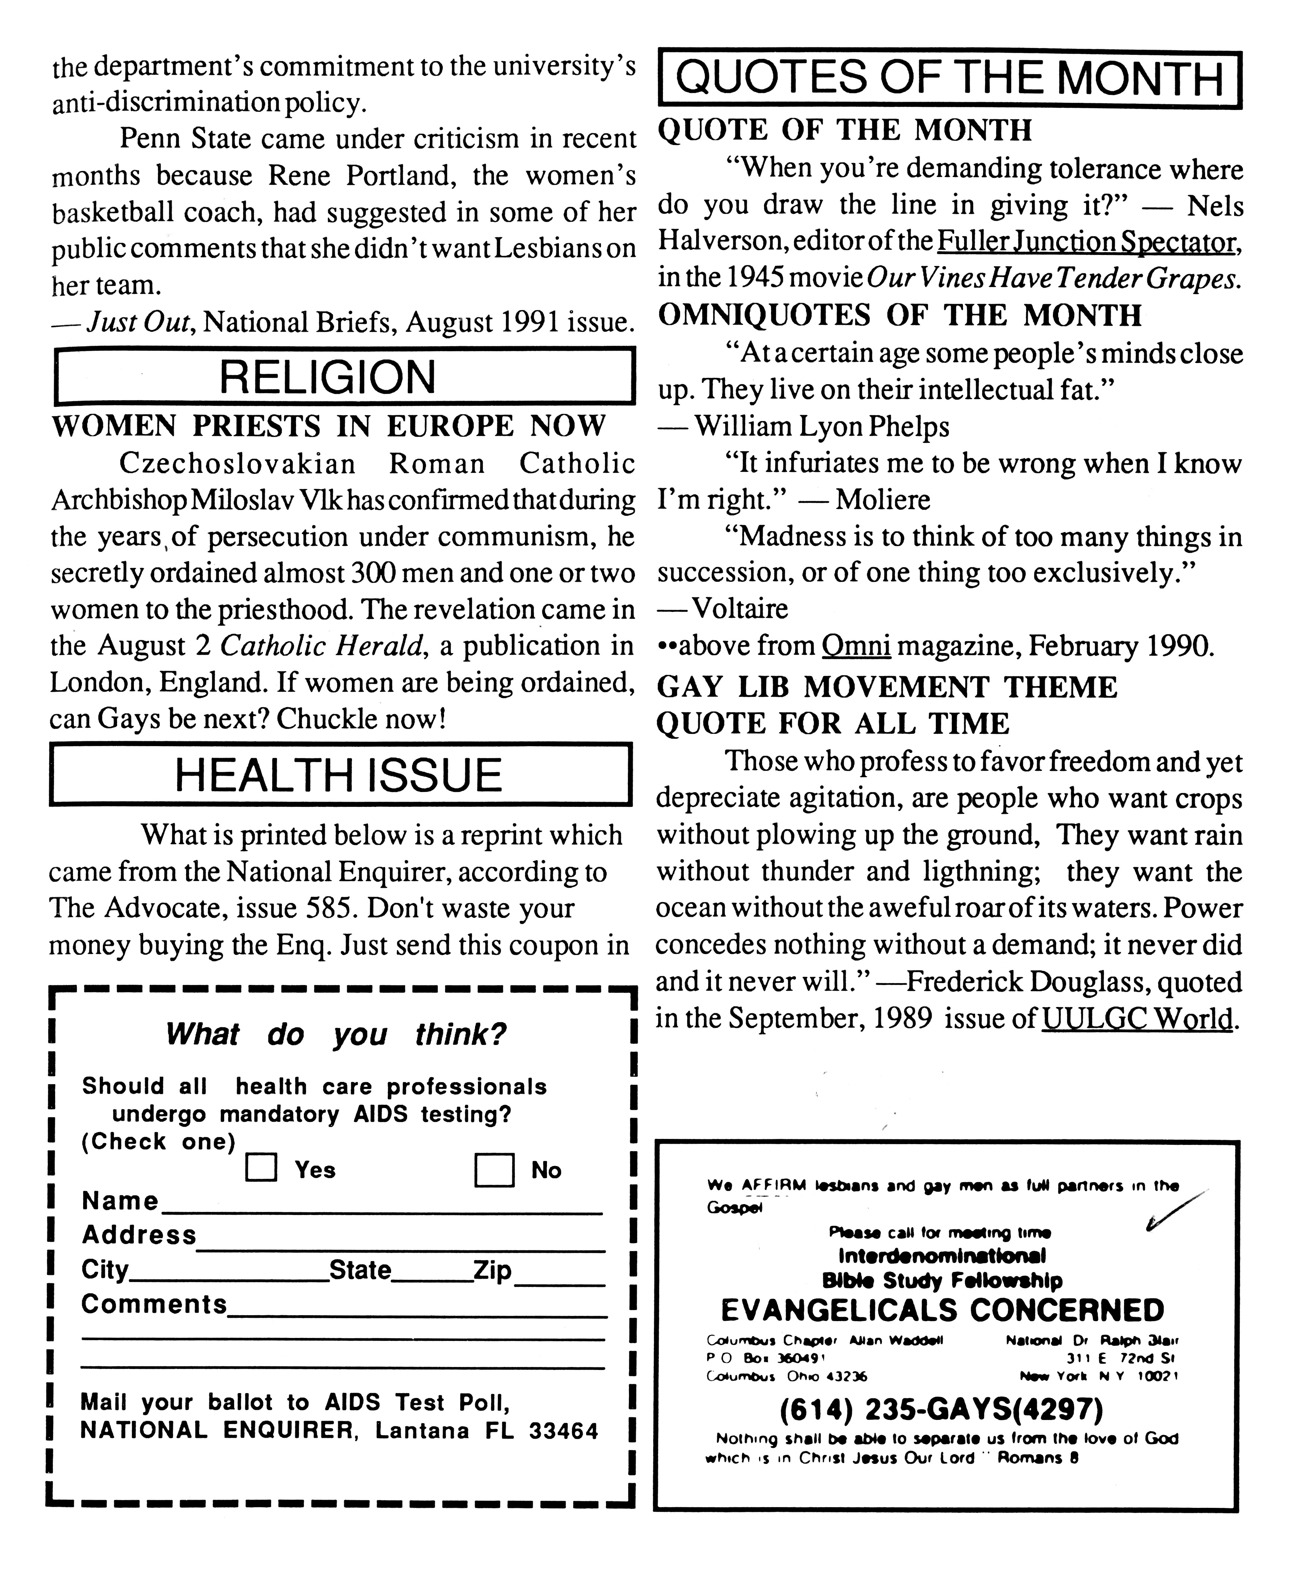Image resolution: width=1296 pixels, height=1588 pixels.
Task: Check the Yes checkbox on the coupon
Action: tap(261, 1168)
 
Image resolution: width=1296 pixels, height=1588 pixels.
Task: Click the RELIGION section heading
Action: tap(327, 377)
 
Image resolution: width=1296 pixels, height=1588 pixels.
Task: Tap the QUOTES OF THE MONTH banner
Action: tap(950, 79)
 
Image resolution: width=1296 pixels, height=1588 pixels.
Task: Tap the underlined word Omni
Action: tap(856, 646)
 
